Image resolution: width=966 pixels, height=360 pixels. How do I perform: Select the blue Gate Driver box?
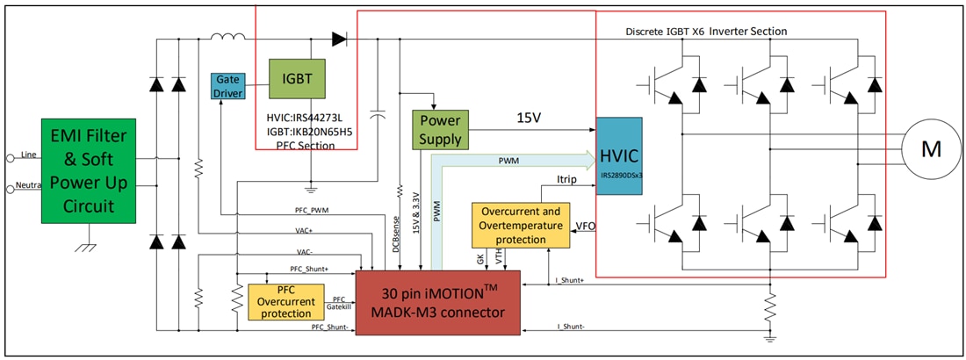(x=227, y=86)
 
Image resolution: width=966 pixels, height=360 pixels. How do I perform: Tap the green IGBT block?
(x=298, y=78)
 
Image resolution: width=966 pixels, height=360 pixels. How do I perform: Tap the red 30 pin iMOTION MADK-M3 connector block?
(x=436, y=301)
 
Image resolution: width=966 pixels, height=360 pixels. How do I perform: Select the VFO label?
(x=584, y=226)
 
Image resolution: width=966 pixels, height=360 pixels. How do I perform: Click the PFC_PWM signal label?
(x=313, y=211)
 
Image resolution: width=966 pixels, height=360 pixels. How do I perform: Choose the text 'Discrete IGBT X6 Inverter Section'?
(x=706, y=31)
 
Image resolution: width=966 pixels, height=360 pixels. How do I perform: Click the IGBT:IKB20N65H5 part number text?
(x=309, y=131)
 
